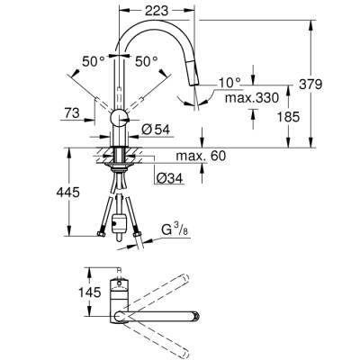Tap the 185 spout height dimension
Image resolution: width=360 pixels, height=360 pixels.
[x=309, y=115]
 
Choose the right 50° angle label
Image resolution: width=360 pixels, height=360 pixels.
[x=145, y=63]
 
